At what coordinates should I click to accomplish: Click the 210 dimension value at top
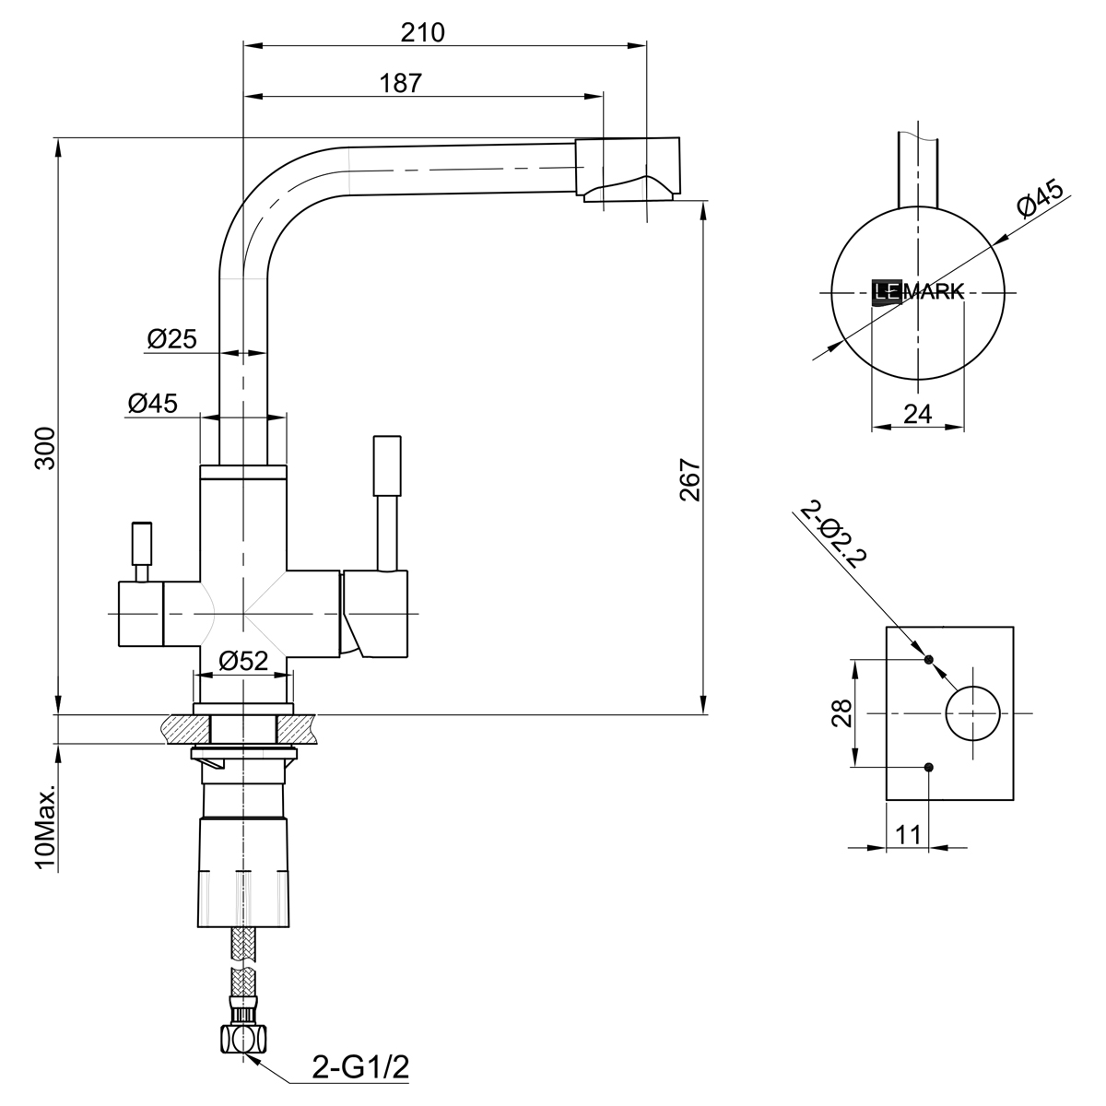(423, 32)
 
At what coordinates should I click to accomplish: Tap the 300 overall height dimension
(45, 448)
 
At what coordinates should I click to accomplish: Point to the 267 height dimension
(690, 479)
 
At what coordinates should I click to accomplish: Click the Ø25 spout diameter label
(171, 339)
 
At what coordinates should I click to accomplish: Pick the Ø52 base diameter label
(243, 660)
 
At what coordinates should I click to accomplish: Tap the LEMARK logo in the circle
(917, 292)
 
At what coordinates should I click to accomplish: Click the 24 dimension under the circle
(917, 414)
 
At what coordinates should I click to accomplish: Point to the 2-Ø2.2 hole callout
(834, 535)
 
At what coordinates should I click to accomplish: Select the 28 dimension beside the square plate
(841, 713)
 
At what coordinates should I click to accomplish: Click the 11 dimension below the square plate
(908, 834)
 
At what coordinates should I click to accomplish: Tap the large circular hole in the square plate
(972, 713)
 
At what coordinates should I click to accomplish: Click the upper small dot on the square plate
(928, 660)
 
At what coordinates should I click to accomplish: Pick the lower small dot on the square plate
(928, 767)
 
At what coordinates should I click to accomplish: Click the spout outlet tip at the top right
(629, 171)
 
